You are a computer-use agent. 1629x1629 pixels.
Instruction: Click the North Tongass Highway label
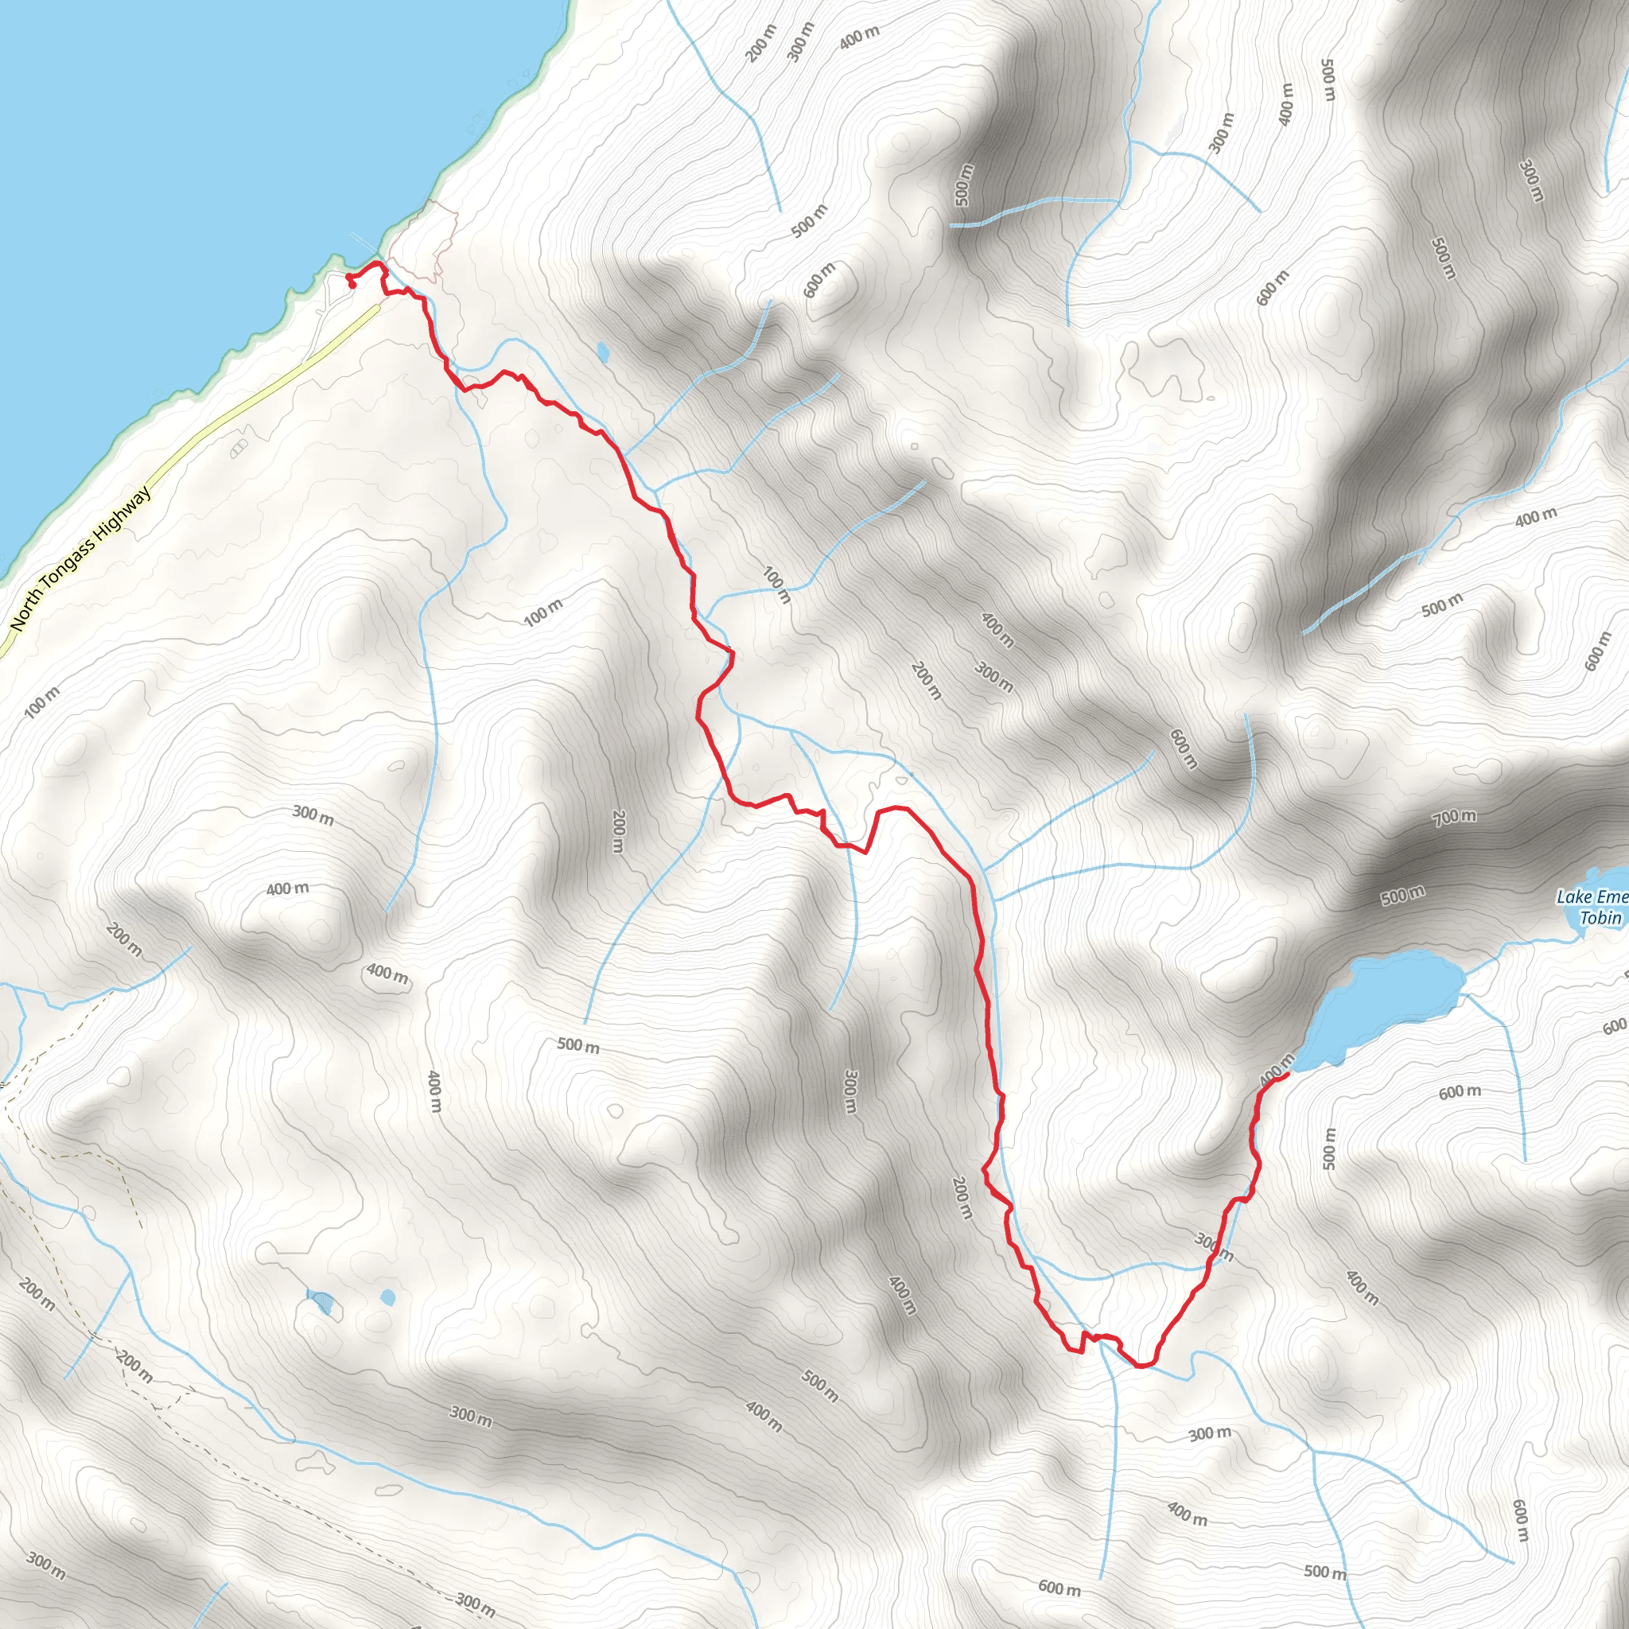tap(80, 558)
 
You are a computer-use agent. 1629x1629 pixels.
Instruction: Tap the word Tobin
tap(1600, 917)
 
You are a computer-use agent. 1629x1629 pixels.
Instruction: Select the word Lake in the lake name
tap(1573, 896)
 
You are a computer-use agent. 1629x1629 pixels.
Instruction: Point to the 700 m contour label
tap(1455, 816)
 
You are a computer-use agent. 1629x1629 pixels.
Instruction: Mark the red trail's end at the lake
tap(1289, 1072)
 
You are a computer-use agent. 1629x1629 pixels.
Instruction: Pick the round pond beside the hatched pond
tap(387, 1296)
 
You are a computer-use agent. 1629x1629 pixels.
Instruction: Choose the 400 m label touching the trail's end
tap(1275, 1069)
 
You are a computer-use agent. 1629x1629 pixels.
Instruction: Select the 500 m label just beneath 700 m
tap(1403, 895)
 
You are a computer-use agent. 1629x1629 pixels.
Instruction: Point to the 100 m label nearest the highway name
tap(42, 702)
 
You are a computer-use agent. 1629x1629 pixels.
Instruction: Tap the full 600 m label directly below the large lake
tap(1460, 1093)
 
